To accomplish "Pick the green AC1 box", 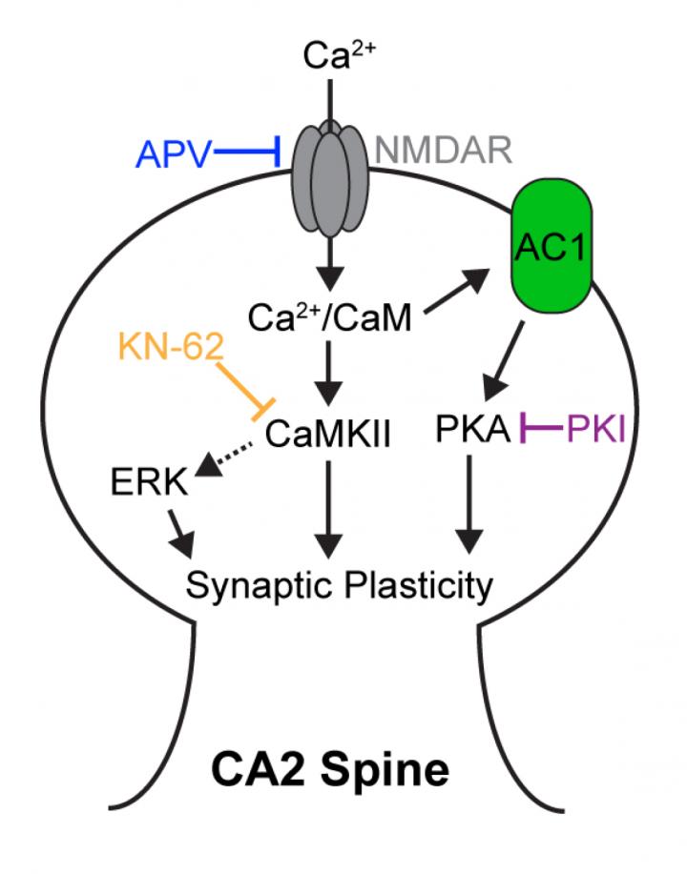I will (x=551, y=247).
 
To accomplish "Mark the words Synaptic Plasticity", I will (x=340, y=583).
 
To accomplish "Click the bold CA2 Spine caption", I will (x=341, y=767).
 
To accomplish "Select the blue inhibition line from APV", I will (x=246, y=152).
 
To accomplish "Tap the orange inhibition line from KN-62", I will (x=242, y=386).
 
